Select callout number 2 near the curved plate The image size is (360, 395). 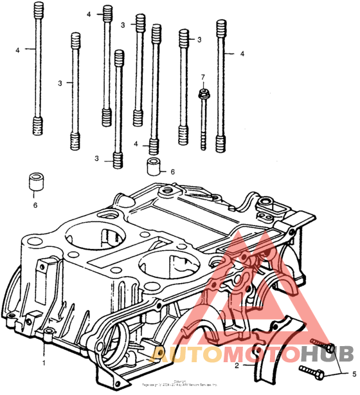click(237, 365)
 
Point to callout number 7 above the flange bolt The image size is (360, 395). click(203, 78)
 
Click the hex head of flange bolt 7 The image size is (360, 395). click(203, 94)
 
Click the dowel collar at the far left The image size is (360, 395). click(36, 182)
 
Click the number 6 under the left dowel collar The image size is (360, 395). click(35, 205)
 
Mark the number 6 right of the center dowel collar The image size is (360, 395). click(172, 172)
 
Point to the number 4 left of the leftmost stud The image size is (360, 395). click(18, 50)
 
